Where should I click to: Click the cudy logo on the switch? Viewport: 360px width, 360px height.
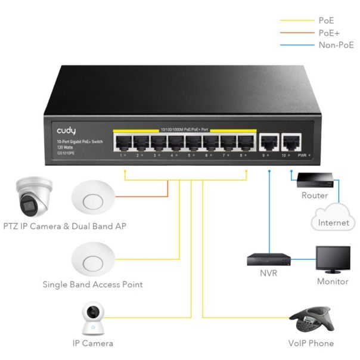coord(66,130)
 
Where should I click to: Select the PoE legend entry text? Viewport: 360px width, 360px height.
coord(326,20)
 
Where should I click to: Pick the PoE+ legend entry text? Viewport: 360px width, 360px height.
coord(328,32)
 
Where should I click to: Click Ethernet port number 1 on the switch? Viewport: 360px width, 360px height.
coord(123,142)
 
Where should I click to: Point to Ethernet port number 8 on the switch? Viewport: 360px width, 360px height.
coord(246,142)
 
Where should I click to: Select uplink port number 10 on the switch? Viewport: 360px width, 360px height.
coord(291,142)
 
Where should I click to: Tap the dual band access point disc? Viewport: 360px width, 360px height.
coord(92,198)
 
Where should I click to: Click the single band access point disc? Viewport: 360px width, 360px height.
coord(92,260)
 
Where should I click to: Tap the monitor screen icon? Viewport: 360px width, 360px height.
coord(333,259)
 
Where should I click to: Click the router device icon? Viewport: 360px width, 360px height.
coord(315,179)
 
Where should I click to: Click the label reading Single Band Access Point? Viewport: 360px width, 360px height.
coord(92,284)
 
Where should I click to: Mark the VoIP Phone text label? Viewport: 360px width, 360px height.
coord(310,343)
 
